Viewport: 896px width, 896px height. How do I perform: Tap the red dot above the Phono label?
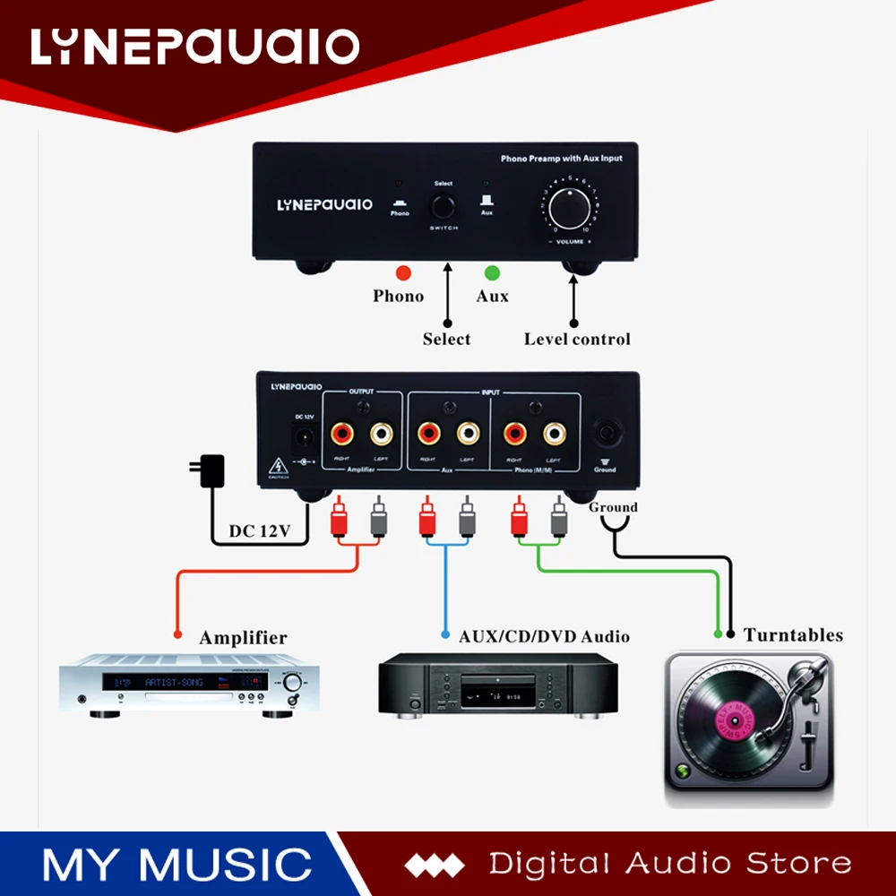(403, 271)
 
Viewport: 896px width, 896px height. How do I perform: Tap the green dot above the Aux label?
(490, 271)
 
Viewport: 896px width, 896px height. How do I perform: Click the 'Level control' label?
(577, 339)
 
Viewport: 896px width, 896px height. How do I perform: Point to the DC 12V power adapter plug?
(211, 470)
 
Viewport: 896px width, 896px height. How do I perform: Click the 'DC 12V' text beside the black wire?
(260, 531)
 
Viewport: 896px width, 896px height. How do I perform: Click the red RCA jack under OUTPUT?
(342, 434)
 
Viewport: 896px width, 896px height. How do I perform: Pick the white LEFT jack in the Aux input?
(467, 434)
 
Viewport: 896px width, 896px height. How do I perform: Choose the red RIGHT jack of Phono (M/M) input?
(515, 434)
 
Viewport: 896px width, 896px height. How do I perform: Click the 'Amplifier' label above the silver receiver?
(243, 638)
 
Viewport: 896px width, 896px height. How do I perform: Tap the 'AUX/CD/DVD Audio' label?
(544, 637)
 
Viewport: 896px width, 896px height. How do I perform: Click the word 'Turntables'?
(793, 635)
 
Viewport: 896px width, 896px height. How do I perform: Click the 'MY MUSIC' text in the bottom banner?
(177, 864)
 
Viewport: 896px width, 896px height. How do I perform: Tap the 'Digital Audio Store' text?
(670, 864)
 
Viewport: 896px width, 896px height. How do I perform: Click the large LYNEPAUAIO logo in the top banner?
(194, 47)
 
